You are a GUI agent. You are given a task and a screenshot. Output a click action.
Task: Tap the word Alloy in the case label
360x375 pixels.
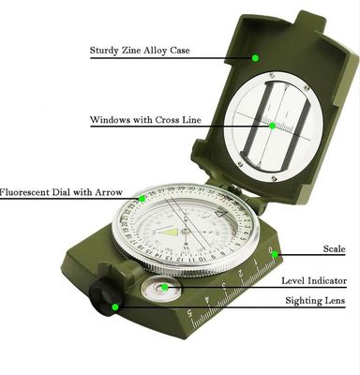point(155,51)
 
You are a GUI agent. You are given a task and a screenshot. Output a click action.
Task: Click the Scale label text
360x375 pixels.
point(334,248)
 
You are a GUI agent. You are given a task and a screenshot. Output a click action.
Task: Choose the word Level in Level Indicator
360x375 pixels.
point(293,280)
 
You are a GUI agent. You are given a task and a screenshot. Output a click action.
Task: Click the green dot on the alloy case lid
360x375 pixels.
point(255,58)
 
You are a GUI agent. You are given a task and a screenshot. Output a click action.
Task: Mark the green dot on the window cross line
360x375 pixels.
point(272,126)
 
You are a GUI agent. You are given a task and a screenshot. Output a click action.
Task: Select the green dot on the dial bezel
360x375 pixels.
point(142,199)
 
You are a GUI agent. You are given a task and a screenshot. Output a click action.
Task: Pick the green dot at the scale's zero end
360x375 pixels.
point(275,254)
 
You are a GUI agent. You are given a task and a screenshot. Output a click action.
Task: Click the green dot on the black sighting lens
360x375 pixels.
point(115,307)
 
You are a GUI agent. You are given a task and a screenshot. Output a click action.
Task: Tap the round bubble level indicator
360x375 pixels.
point(161,289)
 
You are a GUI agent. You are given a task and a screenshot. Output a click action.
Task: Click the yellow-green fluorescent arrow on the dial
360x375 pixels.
point(168,232)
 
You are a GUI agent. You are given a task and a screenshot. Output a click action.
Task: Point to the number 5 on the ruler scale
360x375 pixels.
point(189,311)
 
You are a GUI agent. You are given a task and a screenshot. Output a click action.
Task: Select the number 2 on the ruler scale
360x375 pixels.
point(240,274)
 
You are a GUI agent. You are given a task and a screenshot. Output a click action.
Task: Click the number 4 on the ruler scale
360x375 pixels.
point(207,299)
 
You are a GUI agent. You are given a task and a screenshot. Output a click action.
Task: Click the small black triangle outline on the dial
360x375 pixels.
point(221,214)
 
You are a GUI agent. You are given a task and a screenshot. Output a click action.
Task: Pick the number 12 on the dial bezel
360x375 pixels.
point(180,259)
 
